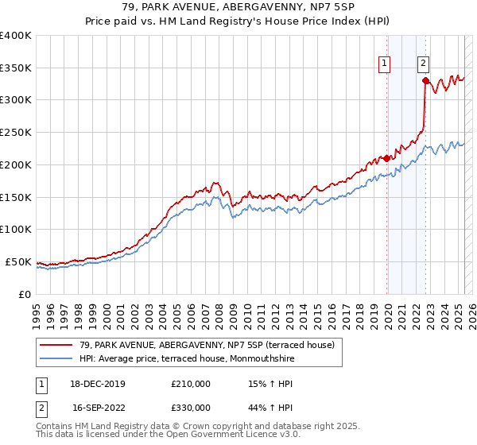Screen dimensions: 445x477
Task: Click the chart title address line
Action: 238,8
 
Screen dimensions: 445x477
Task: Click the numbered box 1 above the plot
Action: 385,65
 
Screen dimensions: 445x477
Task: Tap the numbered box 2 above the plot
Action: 423,65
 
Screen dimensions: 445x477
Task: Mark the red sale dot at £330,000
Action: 426,80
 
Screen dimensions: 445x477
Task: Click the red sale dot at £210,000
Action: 387,158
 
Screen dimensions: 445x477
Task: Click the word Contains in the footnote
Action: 56,428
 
